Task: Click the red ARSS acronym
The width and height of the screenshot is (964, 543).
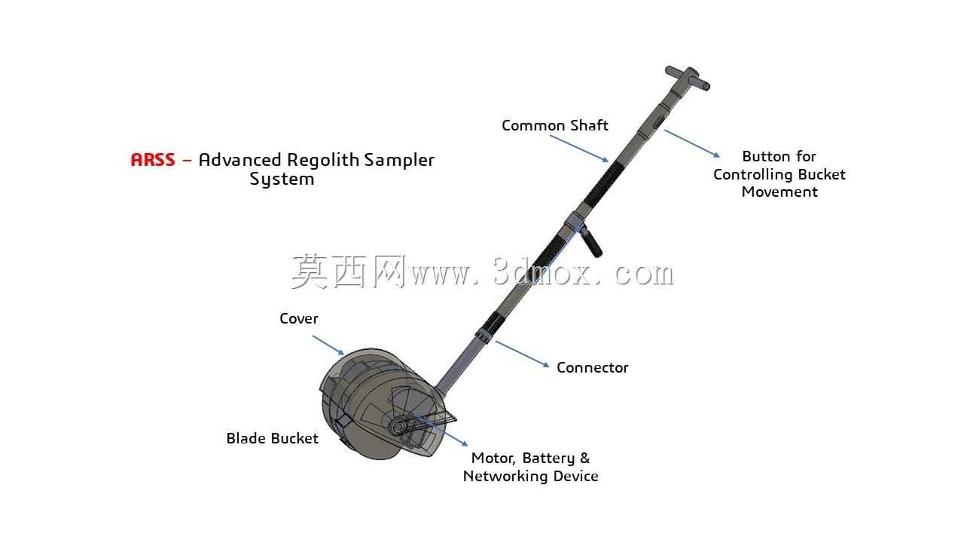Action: (x=153, y=160)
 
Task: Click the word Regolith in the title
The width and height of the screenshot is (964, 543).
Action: (x=323, y=161)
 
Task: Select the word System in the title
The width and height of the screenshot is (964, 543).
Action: (x=282, y=179)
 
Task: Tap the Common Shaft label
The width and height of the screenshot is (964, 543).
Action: (x=555, y=125)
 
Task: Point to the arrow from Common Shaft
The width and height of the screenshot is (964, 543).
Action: (x=579, y=149)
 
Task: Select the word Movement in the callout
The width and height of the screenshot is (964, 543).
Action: (x=779, y=192)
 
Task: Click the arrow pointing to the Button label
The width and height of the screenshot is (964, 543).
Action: (x=692, y=143)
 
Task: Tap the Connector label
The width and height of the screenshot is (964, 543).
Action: (x=592, y=367)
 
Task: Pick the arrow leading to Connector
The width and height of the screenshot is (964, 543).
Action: (x=523, y=354)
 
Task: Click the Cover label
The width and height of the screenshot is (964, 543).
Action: (x=299, y=319)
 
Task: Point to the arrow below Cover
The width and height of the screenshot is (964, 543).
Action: (x=328, y=345)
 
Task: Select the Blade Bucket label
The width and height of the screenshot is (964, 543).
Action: (x=273, y=438)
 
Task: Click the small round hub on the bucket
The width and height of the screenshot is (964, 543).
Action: (x=398, y=427)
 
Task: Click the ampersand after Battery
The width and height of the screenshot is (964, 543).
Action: (x=585, y=458)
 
